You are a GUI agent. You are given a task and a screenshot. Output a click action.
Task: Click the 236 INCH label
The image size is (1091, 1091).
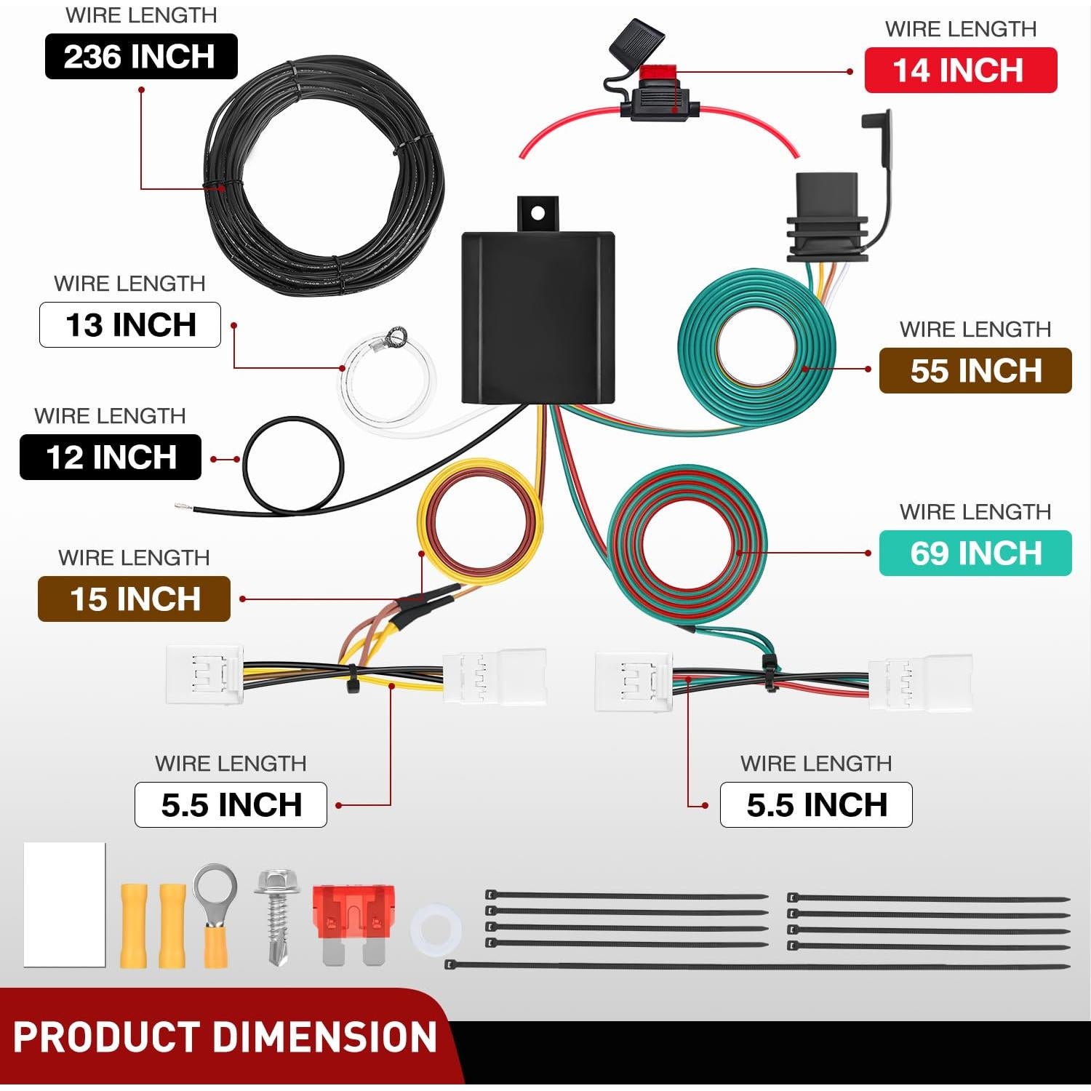141,57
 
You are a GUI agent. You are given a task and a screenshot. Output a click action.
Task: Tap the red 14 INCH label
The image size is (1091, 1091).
960,71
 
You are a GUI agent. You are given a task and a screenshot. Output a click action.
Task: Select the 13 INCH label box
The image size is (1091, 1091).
130,324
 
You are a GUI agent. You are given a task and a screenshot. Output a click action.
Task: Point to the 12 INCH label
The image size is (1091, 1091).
111,457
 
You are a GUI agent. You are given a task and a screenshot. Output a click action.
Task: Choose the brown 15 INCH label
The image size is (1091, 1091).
134,599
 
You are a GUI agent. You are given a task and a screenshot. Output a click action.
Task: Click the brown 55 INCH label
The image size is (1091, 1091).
975,371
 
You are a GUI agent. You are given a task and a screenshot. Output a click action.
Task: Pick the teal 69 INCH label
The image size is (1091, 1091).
975,554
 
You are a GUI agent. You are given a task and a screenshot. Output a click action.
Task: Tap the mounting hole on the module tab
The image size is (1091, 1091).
537,213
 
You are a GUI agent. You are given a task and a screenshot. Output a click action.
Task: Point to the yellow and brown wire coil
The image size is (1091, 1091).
480,524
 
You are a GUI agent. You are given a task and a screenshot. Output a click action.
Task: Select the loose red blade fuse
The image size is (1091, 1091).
353,920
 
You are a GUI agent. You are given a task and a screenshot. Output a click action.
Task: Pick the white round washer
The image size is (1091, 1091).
436,930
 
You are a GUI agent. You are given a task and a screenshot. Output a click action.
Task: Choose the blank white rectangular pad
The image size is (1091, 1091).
65,904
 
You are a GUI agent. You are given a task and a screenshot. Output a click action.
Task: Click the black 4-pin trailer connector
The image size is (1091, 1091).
827,218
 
